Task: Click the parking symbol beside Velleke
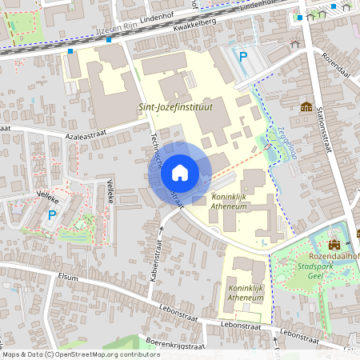(x=53, y=214)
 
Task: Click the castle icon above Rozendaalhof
(x=334, y=243)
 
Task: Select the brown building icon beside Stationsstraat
(x=306, y=106)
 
